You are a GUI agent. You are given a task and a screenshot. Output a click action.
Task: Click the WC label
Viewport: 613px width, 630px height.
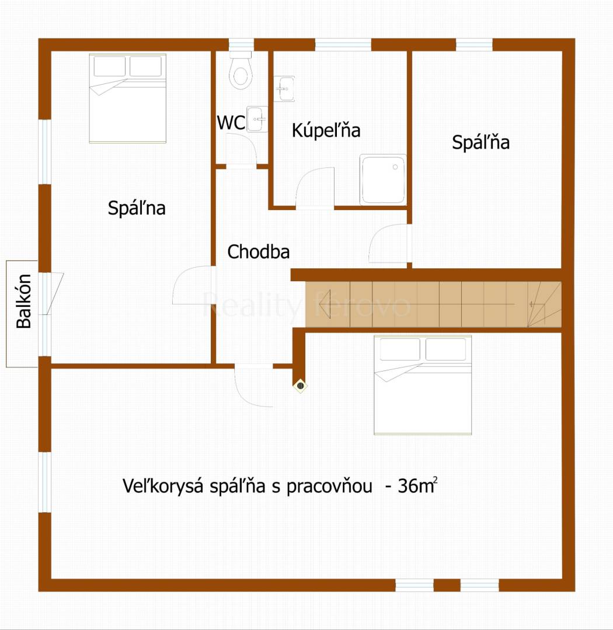(231, 123)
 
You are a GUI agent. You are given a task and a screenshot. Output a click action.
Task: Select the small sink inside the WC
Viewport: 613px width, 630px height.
(257, 119)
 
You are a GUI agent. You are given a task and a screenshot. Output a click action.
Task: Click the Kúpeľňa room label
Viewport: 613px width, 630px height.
(326, 130)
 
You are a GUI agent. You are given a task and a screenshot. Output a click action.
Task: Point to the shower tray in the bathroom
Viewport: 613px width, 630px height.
(383, 180)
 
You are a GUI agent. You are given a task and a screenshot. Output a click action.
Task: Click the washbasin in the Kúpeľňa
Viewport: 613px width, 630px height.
(284, 89)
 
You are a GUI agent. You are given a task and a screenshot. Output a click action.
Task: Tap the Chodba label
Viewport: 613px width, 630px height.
(258, 252)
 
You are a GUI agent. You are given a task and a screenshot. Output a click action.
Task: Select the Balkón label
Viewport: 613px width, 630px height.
(24, 301)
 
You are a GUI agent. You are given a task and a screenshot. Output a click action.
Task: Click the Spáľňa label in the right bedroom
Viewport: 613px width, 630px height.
(480, 142)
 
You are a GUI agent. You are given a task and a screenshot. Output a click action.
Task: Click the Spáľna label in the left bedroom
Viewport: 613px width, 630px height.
(137, 208)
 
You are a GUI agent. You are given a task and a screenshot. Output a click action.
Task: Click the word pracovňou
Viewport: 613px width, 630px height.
(329, 487)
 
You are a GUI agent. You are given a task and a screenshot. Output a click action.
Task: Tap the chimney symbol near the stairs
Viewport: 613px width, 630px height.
(300, 386)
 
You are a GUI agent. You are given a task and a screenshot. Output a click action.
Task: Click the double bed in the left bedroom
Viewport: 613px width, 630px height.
(127, 99)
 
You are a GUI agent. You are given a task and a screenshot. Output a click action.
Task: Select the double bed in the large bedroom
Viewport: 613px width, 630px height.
(423, 385)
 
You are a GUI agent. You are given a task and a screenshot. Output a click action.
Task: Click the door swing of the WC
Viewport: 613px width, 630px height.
(241, 148)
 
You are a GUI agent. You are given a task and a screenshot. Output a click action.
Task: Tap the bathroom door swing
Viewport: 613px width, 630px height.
(315, 188)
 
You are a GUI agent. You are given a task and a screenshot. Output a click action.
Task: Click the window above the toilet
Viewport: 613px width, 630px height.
(241, 44)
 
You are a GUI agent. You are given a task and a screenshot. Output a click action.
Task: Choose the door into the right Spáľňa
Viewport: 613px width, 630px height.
(389, 243)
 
